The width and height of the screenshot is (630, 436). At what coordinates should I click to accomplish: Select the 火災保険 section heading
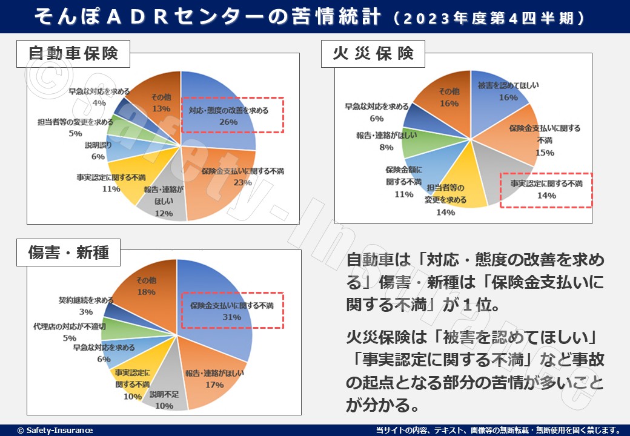tap(373, 54)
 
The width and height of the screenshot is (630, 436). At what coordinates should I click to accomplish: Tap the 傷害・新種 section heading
tap(68, 252)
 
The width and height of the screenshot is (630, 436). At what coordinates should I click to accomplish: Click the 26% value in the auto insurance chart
tap(229, 122)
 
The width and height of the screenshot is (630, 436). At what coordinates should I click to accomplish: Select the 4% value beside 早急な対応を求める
tap(99, 102)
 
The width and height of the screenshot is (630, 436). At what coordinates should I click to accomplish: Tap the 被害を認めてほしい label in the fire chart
tap(508, 85)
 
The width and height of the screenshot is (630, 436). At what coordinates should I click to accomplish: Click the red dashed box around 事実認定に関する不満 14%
tap(545, 190)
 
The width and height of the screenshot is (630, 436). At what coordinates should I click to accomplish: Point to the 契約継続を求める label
tap(86, 300)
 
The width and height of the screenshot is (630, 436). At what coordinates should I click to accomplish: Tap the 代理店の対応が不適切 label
tap(70, 327)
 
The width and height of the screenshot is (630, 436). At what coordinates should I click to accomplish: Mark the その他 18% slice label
tap(146, 286)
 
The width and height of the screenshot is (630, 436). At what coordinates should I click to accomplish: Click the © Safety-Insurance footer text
tap(55, 430)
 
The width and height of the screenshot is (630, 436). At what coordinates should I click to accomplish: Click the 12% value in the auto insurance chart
tap(164, 213)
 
